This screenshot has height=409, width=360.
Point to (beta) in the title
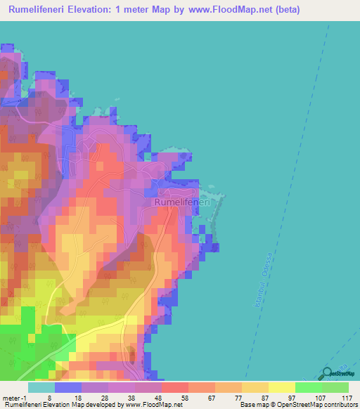(333, 11)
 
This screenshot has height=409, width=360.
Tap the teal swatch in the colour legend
(41, 387)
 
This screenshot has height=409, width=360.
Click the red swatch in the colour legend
(175, 387)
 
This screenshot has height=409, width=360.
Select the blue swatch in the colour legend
(68, 387)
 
